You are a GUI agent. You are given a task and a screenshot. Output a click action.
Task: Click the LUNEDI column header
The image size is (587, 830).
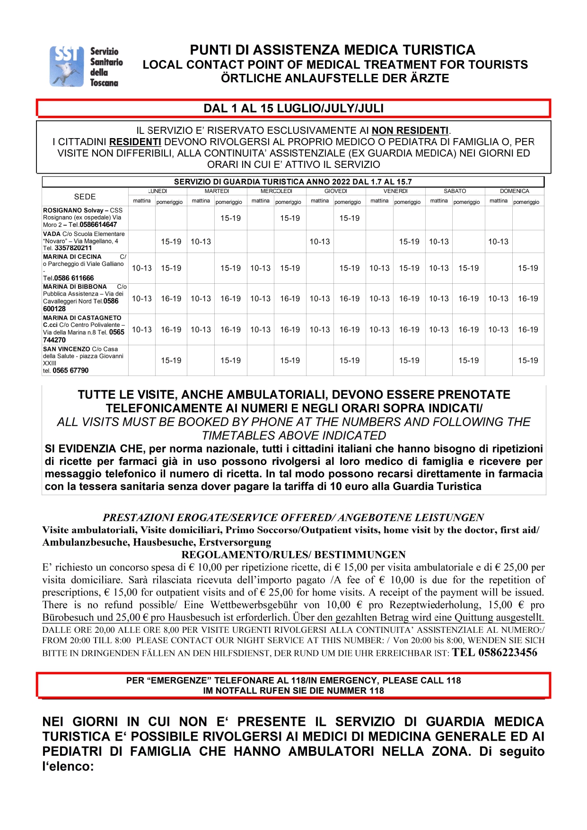[x=158, y=191]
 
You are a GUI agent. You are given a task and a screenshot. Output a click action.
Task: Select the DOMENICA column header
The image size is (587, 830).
[x=514, y=191]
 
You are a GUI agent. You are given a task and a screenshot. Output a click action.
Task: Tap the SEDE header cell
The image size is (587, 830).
[x=85, y=197]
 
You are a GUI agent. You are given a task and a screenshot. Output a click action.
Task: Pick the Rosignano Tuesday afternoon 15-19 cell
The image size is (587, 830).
[x=230, y=218]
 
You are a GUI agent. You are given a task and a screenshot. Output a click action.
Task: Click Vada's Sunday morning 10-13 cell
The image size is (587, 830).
[x=498, y=242]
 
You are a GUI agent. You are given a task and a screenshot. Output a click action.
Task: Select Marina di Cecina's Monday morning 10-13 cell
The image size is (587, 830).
[x=141, y=268]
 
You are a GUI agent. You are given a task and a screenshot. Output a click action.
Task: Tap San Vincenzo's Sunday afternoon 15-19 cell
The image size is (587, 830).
[x=528, y=360]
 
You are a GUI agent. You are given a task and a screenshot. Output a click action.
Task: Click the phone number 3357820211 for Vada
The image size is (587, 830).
[x=73, y=248]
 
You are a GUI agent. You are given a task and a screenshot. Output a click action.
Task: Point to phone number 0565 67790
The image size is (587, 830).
[x=70, y=370]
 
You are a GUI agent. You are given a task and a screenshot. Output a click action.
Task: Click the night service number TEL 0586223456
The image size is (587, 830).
[x=495, y=653]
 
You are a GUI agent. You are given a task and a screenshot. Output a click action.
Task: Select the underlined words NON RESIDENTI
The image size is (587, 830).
[x=410, y=131]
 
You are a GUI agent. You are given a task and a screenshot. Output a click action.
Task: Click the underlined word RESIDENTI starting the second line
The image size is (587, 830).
[x=135, y=142]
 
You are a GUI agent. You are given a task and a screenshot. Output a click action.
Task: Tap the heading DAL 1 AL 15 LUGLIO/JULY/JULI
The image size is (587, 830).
[x=293, y=108]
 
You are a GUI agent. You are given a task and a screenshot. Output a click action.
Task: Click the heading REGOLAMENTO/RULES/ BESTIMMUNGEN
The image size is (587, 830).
[x=293, y=555]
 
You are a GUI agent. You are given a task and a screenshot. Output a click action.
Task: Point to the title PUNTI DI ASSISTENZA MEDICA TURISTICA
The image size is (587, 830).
[x=333, y=50]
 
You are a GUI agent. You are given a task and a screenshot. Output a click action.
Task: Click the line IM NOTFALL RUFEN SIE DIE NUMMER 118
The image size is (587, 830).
[x=293, y=690]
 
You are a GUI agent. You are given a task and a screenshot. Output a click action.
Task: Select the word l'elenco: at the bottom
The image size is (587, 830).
[x=68, y=766]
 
